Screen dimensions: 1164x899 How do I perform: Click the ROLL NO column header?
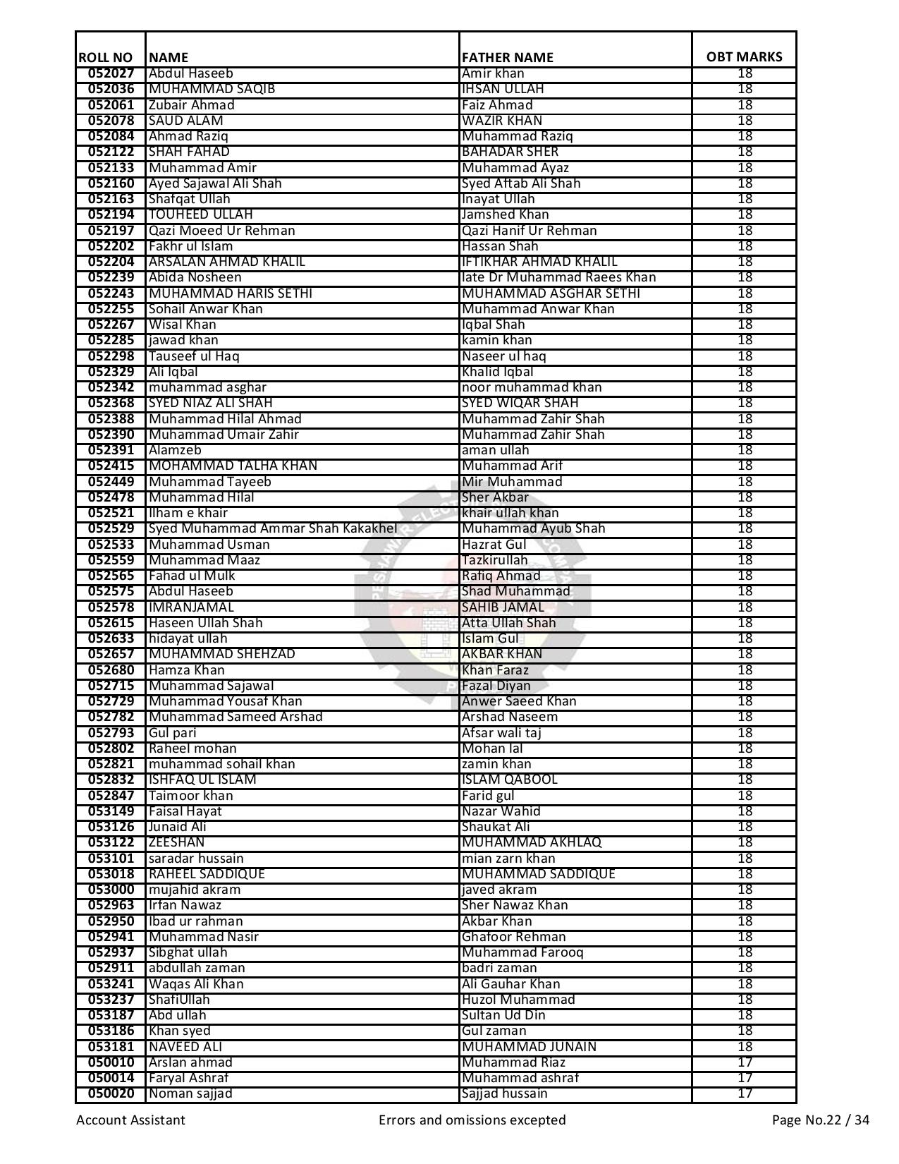pos(105,57)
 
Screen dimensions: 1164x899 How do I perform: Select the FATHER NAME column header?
pos(507,57)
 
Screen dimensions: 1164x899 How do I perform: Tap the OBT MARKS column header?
pos(744,57)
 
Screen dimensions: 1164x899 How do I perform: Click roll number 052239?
pos(111,277)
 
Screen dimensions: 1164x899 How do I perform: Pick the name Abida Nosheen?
pos(195,277)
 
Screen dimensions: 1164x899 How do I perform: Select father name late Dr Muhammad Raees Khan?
pos(558,277)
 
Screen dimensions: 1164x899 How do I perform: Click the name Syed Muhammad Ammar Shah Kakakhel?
pos(272,528)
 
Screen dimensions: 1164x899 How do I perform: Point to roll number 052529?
pos(111,528)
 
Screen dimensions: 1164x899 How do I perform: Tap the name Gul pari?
pos(172,733)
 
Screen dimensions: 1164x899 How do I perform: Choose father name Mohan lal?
pos(492,748)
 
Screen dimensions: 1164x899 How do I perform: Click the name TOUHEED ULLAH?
pos(200,214)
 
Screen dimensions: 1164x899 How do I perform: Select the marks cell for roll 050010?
pos(745,1062)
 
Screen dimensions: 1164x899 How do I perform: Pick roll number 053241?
pos(111,984)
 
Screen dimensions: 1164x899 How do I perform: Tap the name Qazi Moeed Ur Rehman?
pos(221,231)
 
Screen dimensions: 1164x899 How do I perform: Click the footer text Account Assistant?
pos(130,1120)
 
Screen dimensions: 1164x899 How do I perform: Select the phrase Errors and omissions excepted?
pos(472,1120)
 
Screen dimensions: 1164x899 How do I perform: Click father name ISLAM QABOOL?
pos(509,780)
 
